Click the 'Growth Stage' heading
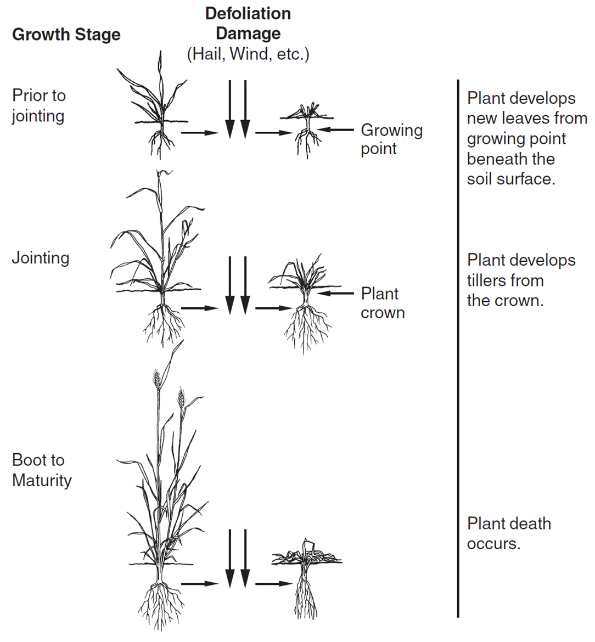(x=66, y=35)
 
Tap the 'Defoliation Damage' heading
(x=248, y=24)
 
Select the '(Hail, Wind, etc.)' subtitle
(x=248, y=54)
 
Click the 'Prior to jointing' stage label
(x=38, y=105)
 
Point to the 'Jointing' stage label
(x=41, y=258)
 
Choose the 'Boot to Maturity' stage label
(x=42, y=470)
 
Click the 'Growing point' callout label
(x=391, y=139)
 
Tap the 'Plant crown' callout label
(x=383, y=303)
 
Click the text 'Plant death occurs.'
(x=508, y=533)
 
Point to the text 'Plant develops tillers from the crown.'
(x=520, y=280)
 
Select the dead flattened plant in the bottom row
(x=305, y=576)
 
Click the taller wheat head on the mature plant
(x=157, y=378)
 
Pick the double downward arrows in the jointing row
(x=238, y=285)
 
